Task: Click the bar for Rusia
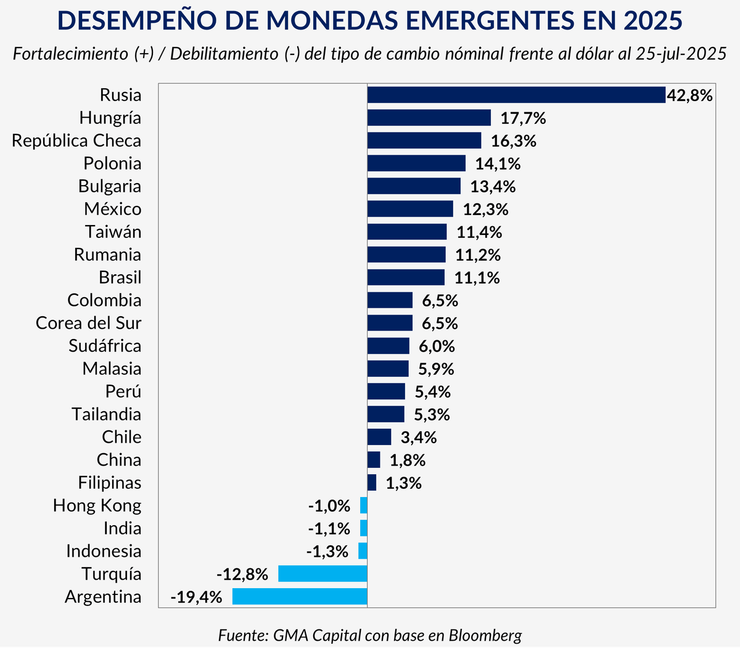pos(516,95)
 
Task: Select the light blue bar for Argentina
pos(300,597)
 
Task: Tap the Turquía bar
pos(323,574)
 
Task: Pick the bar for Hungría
pos(429,118)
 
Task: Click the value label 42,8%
pos(689,96)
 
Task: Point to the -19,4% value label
pos(196,597)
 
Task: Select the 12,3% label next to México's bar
pos(486,210)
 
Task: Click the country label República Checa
pos(76,141)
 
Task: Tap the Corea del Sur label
pos(88,323)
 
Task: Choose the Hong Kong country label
pos(97,506)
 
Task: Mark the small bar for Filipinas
pos(371,483)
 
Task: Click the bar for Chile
pos(379,437)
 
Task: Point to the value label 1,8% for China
pos(408,461)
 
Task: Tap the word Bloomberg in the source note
pos(485,635)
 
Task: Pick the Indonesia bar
pos(363,551)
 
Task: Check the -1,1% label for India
pos(329,529)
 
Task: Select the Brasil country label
pos(120,277)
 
